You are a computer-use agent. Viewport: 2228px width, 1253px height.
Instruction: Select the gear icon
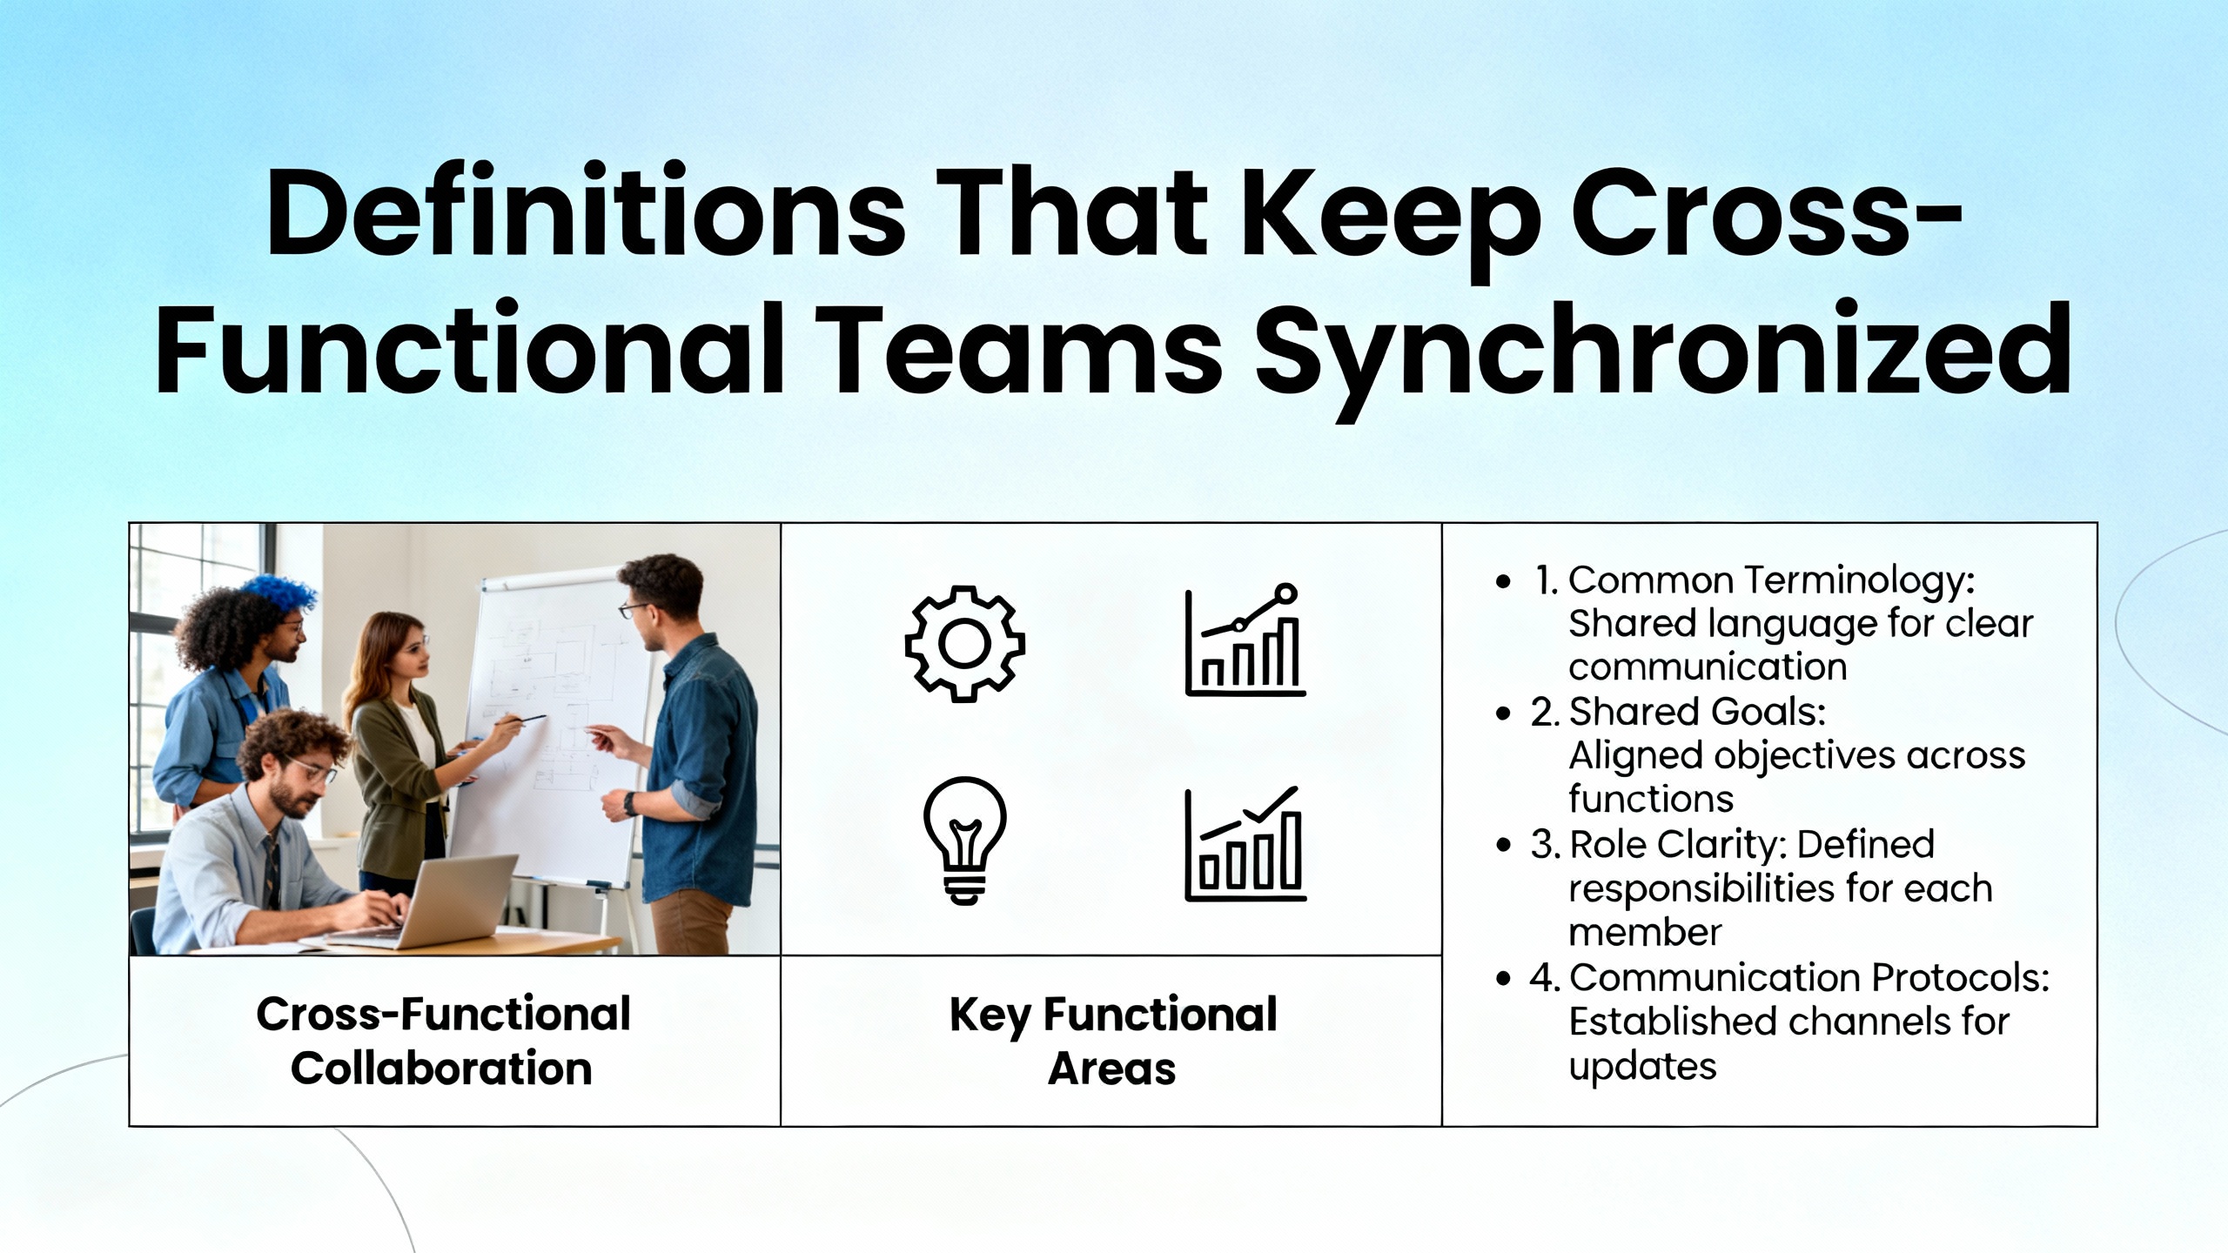click(x=964, y=643)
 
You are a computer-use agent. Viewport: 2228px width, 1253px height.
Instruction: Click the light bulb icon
click(x=964, y=840)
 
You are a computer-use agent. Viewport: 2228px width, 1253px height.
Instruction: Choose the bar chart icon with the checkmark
click(x=1245, y=843)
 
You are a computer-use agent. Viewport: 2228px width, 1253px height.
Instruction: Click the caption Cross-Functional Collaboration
click(x=443, y=1041)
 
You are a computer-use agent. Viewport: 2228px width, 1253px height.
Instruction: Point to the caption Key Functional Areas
click(x=1113, y=1041)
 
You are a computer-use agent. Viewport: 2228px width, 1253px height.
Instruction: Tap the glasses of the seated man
click(x=312, y=771)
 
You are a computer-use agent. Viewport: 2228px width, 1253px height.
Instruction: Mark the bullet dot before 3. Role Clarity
click(x=1503, y=846)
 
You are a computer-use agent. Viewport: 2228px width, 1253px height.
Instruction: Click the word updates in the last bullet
click(x=1642, y=1067)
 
